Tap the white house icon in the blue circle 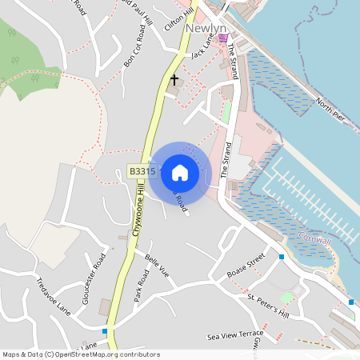click(x=180, y=172)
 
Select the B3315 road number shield click(x=142, y=172)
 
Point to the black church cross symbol click(x=174, y=80)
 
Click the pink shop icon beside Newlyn click(x=223, y=37)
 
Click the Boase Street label click(x=246, y=265)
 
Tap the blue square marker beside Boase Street click(x=282, y=257)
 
